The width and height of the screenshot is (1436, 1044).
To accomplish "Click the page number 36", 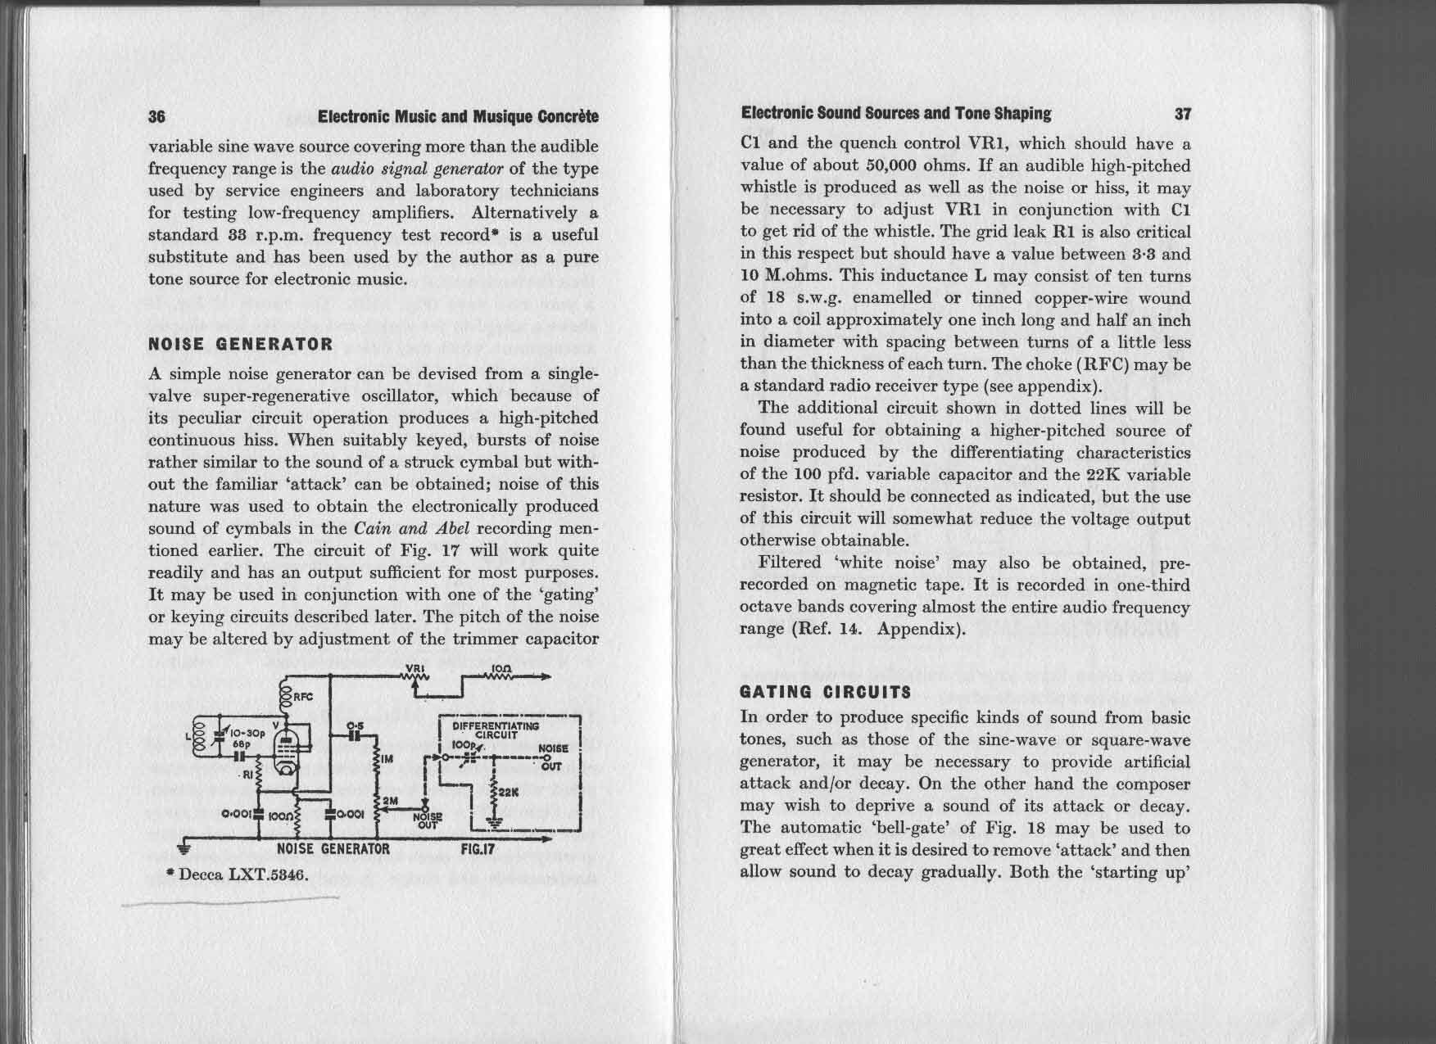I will [157, 116].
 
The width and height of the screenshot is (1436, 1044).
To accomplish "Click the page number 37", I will [1182, 113].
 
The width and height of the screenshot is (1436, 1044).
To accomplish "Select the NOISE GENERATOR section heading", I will [241, 344].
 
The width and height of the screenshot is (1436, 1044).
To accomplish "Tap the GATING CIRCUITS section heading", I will [825, 692].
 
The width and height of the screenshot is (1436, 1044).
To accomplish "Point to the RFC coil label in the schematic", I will [303, 698].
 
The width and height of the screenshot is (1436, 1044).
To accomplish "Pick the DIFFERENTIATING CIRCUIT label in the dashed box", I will [490, 730].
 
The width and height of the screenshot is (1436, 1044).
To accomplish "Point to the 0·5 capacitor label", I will [355, 725].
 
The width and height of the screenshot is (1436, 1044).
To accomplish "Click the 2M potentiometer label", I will [390, 799].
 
